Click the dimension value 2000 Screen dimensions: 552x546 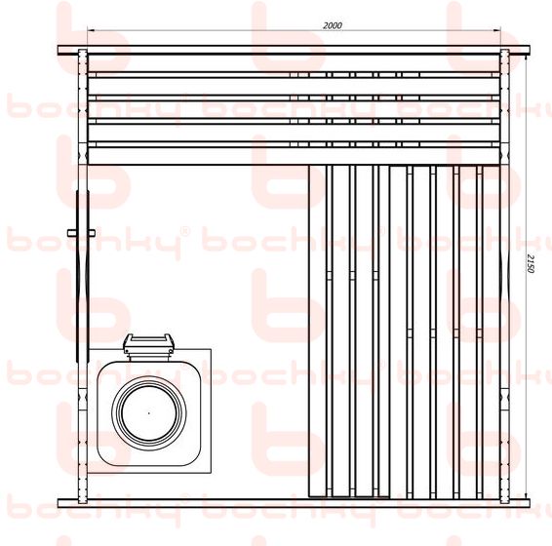point(333,25)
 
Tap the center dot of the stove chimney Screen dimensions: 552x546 point(149,413)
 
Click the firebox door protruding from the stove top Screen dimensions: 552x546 point(149,344)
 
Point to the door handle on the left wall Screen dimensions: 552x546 point(81,232)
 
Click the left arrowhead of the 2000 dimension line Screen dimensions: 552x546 point(91,30)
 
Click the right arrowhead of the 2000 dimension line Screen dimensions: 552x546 point(497,30)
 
